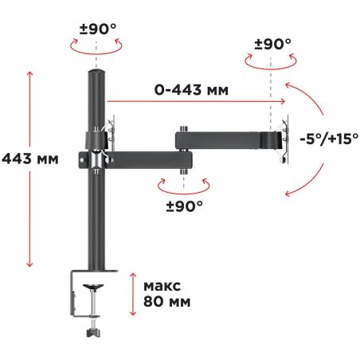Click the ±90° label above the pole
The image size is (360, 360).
98,29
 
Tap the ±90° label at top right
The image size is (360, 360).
273,45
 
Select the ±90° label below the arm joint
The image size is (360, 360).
185,206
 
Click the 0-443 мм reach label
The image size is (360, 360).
191,90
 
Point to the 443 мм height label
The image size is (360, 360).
30,159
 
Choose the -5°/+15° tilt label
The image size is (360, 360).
329,139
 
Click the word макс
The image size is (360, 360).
162,286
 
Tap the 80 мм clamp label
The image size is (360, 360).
167,302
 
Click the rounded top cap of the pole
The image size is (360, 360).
96,72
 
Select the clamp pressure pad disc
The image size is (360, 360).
93,287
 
